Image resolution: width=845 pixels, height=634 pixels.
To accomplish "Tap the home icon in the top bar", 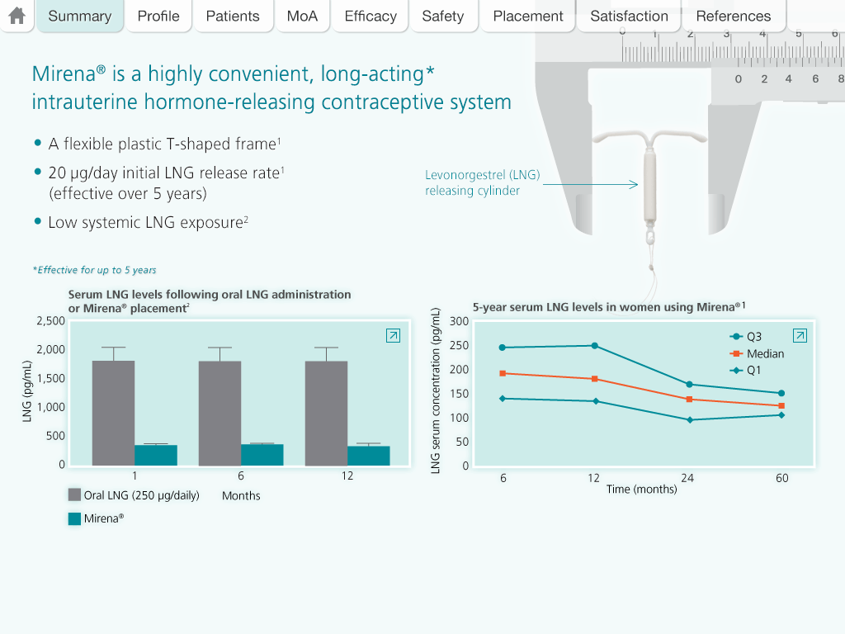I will (17, 16).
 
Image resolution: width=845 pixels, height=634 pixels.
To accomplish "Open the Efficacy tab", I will (371, 16).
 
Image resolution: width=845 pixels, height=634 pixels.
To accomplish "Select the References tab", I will (733, 16).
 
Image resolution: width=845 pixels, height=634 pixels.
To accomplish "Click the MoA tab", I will (302, 16).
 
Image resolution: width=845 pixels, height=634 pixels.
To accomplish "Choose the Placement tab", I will (528, 16).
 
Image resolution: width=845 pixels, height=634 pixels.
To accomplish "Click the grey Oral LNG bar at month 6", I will (220, 413).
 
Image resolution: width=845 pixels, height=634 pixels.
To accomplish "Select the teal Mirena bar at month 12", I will (369, 456).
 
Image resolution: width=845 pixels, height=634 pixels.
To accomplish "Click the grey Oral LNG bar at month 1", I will (113, 413).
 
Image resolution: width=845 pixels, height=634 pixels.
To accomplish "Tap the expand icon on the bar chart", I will (394, 335).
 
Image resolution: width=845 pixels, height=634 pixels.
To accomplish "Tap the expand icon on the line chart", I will (800, 335).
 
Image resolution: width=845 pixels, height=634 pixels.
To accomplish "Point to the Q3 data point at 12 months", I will (594, 345).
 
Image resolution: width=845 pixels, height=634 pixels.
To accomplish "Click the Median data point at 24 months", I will (688, 399).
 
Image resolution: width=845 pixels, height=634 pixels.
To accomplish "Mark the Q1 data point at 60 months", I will (781, 414).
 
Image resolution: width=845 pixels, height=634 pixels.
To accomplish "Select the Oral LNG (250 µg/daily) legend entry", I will (134, 495).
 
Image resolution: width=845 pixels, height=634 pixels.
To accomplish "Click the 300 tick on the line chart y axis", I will (460, 321).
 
